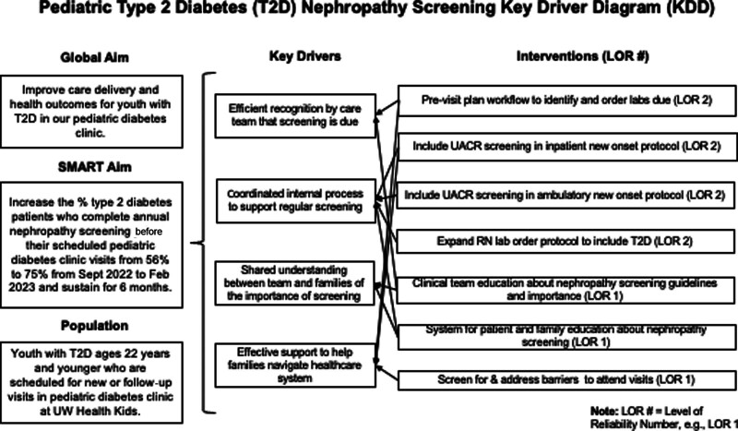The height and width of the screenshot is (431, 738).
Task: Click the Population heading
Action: [x=96, y=327]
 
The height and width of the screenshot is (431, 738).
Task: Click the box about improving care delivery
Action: [x=96, y=115]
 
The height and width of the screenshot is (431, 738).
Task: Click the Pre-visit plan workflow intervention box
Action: [x=565, y=98]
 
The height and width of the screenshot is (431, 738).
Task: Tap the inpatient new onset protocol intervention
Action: [x=565, y=146]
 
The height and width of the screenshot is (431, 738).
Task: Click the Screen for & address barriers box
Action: [x=565, y=379]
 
